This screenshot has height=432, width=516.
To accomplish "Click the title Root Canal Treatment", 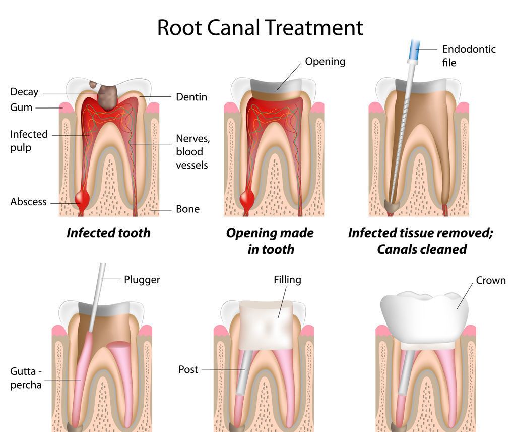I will coord(260,27).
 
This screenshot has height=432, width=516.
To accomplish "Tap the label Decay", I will coord(24,92).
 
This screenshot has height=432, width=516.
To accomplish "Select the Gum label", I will coord(21,107).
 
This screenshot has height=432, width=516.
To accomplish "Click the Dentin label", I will coord(191,97).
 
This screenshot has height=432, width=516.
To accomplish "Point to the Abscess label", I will coord(28,202).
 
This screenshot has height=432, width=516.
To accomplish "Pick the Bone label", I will coord(187,209).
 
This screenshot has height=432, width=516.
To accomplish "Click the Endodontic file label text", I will coord(469,56).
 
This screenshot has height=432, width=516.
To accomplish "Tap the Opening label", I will coord(325,62).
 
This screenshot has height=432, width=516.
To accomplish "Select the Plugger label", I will coord(142,279).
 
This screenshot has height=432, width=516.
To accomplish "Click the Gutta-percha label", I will coord(26,378).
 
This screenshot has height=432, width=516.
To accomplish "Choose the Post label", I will coord(188,370).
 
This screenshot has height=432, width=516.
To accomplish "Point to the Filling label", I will coord(287,280).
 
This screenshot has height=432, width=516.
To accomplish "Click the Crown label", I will coord(491,280).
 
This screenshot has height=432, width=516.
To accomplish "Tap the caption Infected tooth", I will coord(108,233).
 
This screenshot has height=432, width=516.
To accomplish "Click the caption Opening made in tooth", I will coord(270,241).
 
